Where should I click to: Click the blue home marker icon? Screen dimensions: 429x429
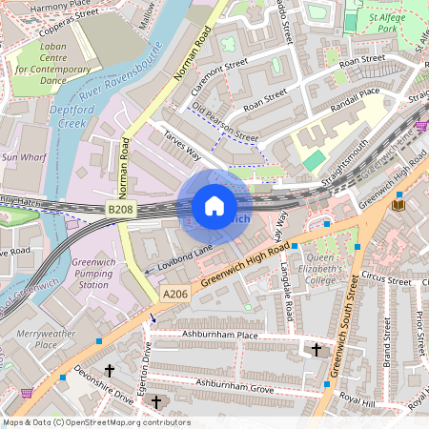[x=214, y=206]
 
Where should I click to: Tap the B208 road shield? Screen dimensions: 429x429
[x=120, y=208]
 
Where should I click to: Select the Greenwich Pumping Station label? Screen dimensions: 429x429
[x=93, y=274]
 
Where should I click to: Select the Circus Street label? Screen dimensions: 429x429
[x=386, y=277]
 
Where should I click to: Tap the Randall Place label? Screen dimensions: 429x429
[x=355, y=95]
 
